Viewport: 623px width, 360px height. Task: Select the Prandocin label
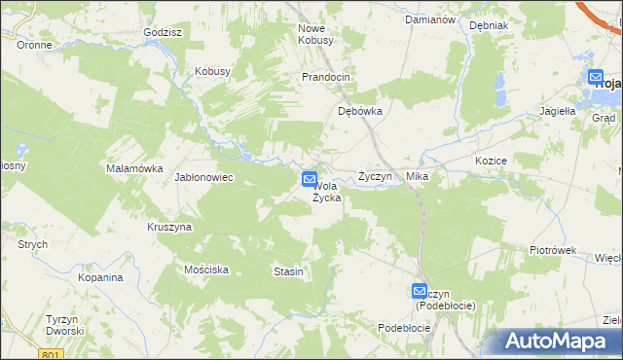pyautogui.click(x=325, y=77)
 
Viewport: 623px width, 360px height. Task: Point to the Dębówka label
pyautogui.click(x=359, y=111)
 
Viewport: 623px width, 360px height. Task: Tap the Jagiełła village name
pyautogui.click(x=558, y=111)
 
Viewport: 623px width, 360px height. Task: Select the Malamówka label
pyautogui.click(x=133, y=168)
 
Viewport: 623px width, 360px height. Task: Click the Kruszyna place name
pyautogui.click(x=169, y=227)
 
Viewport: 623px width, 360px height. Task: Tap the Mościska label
pyautogui.click(x=205, y=269)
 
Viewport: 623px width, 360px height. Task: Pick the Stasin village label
pyautogui.click(x=288, y=271)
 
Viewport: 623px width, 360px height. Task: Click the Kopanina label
pyautogui.click(x=100, y=277)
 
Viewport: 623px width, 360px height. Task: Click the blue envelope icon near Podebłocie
pyautogui.click(x=419, y=290)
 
